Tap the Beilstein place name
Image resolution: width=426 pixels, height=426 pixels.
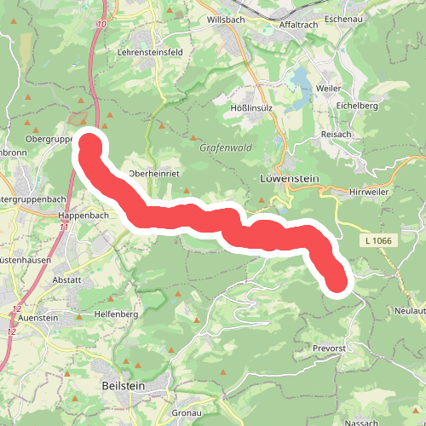coord(117,386)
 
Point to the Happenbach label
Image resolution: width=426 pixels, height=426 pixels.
coord(82,216)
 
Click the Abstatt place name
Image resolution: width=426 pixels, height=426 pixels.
coord(66,279)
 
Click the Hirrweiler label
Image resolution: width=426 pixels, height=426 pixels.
coord(370,193)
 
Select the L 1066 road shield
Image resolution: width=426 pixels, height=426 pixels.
coord(376,242)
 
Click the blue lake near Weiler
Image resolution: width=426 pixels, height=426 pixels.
coord(301,80)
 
